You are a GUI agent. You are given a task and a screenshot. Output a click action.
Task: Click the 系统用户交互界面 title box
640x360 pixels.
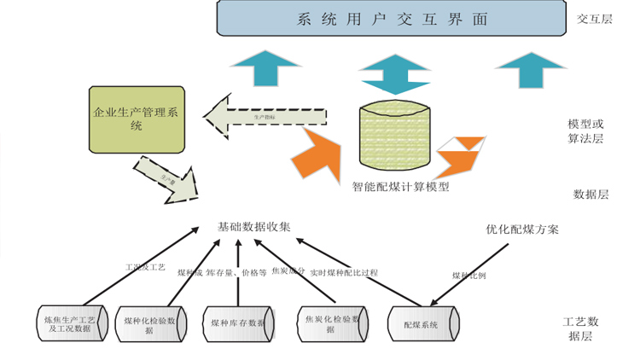point(393,19)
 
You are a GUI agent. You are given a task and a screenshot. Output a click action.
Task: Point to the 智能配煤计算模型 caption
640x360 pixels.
point(400,186)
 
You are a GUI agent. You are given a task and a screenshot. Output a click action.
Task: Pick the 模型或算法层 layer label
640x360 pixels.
point(585,131)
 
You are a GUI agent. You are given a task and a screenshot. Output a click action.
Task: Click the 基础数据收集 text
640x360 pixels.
point(254,228)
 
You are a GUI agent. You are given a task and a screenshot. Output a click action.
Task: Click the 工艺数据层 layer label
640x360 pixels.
point(587,328)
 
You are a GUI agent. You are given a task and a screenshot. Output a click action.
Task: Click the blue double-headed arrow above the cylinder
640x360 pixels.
point(392,76)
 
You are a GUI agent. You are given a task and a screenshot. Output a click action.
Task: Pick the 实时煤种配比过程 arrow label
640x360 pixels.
point(343,273)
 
